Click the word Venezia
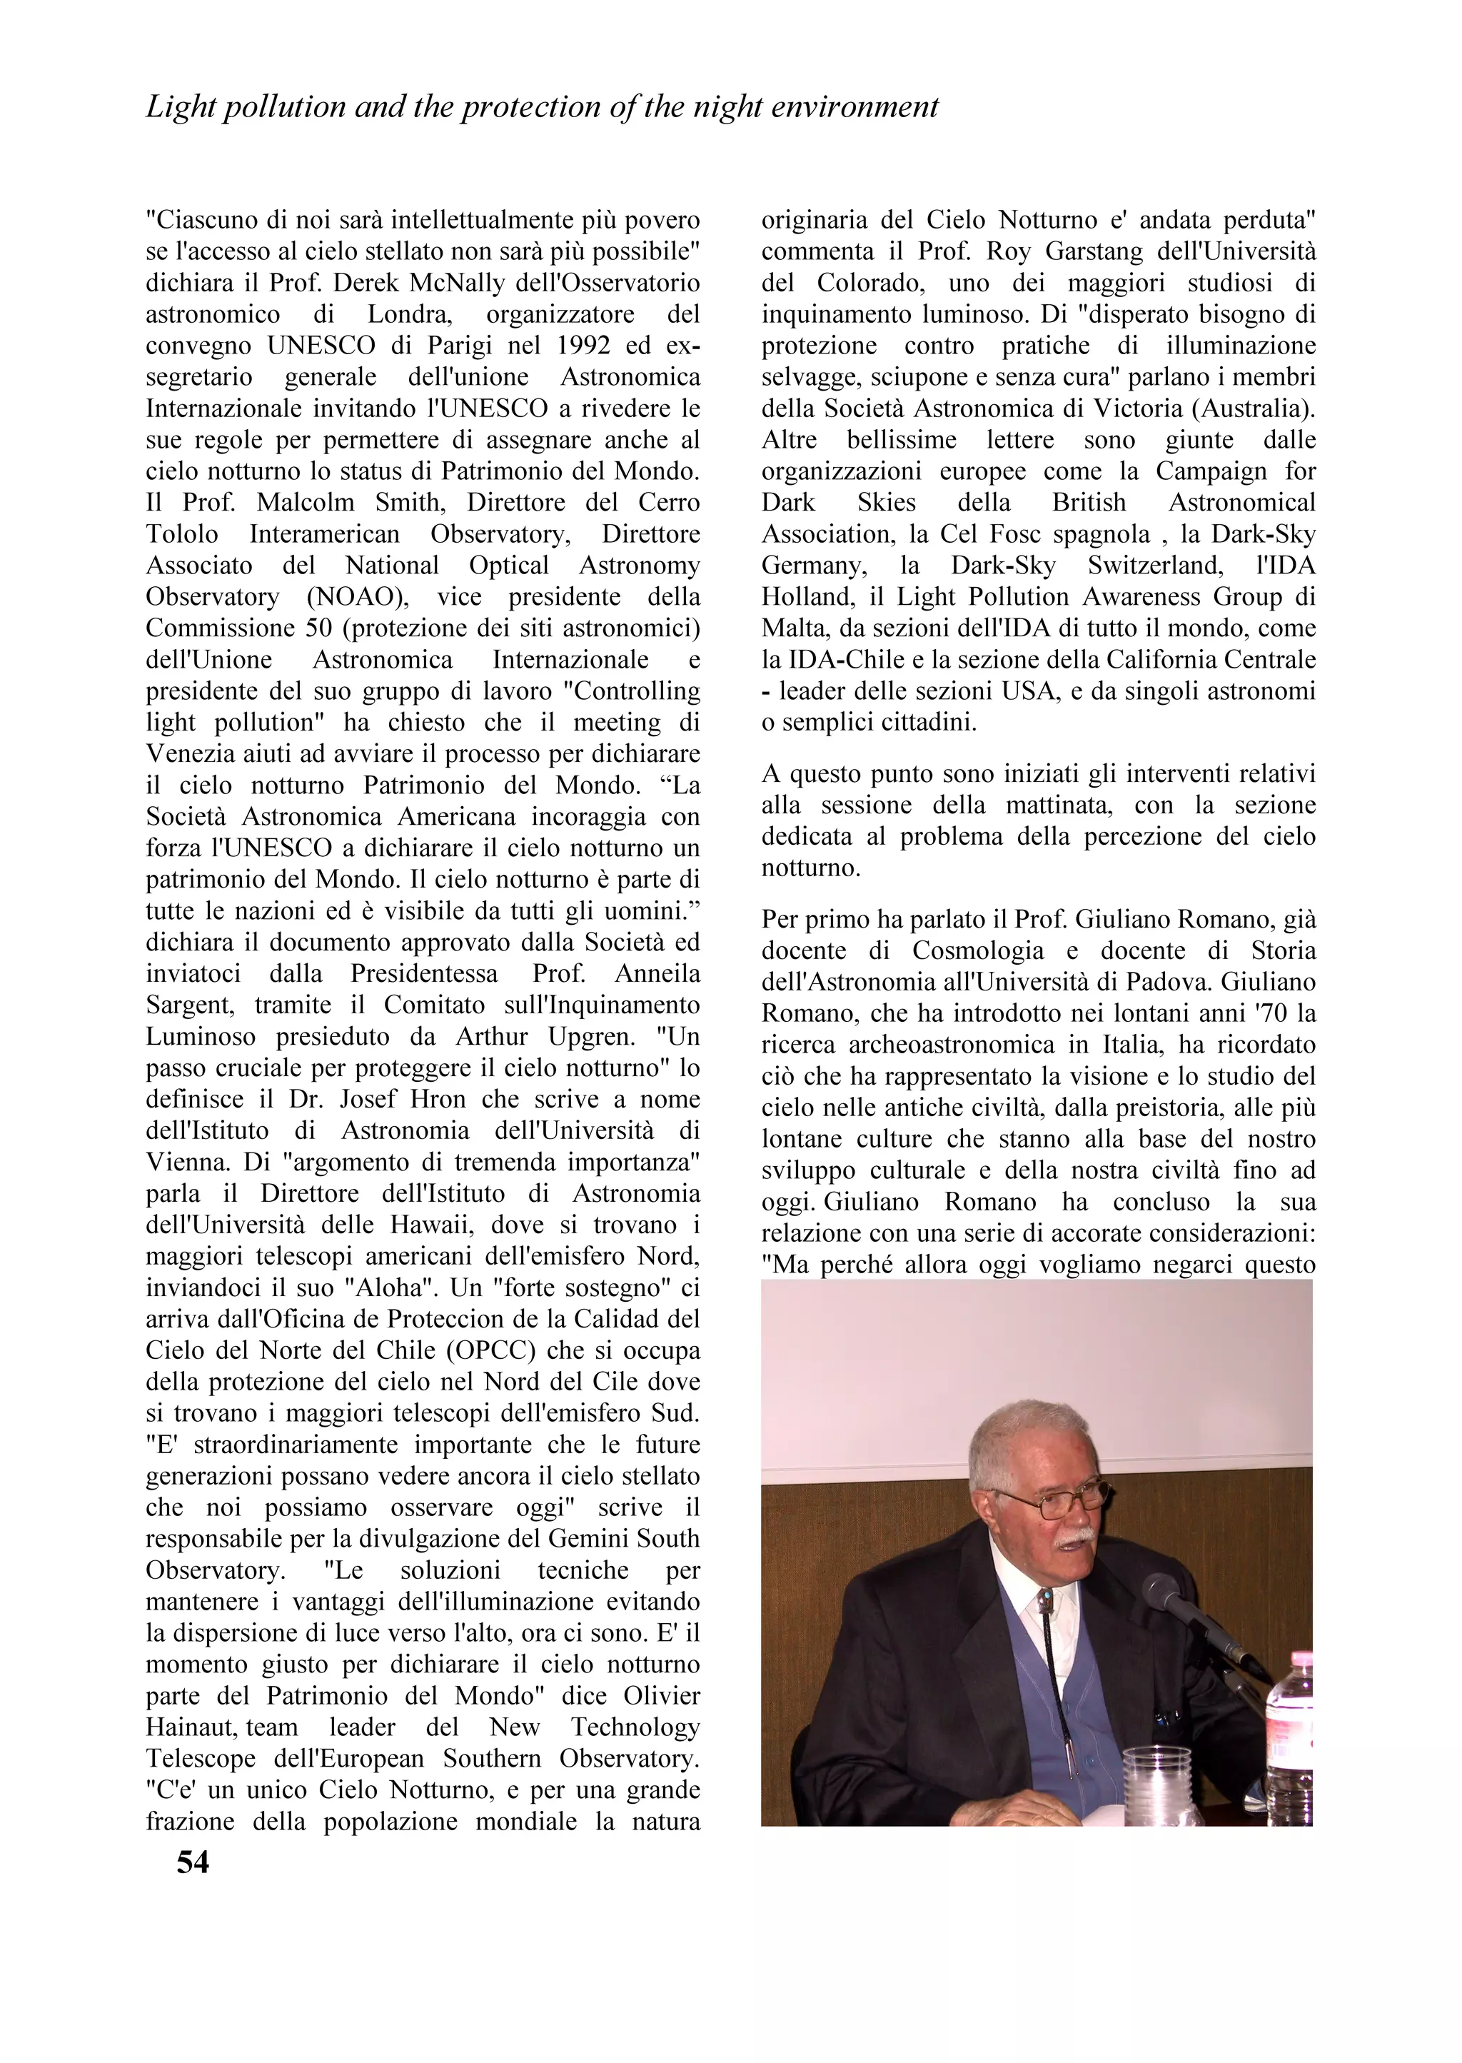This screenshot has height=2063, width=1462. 189,753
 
